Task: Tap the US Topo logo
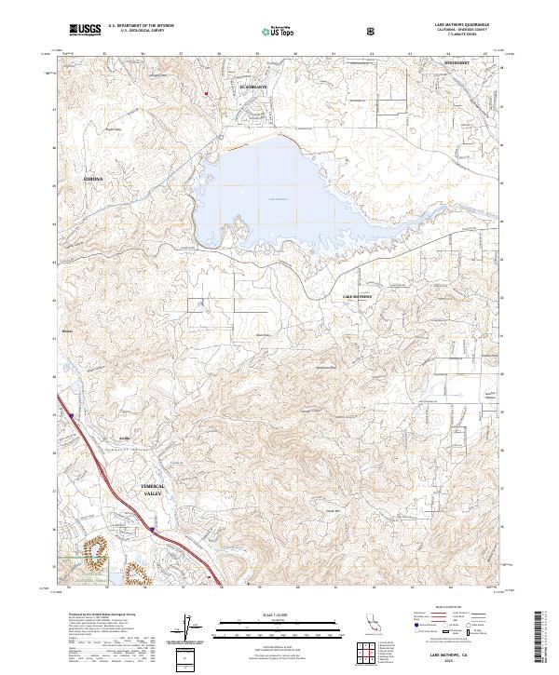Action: click(x=269, y=31)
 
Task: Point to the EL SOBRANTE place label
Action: click(x=253, y=87)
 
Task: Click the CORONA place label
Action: click(x=93, y=177)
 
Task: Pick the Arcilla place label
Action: click(x=123, y=438)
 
